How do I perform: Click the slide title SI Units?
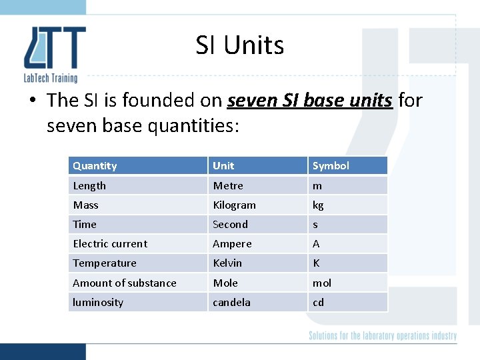240,45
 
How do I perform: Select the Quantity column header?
95,166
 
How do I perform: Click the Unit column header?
223,166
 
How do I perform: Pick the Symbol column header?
331,166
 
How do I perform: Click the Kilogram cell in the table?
234,205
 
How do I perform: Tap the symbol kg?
318,205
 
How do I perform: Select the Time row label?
85,225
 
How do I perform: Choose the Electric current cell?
110,244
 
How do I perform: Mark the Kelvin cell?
227,263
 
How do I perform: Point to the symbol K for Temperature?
316,263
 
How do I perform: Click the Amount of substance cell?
125,283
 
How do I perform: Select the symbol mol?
322,283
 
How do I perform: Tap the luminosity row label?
98,302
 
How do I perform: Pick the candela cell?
231,302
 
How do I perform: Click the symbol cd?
318,302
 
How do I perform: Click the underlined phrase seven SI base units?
309,101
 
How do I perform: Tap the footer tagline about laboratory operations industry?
383,336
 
